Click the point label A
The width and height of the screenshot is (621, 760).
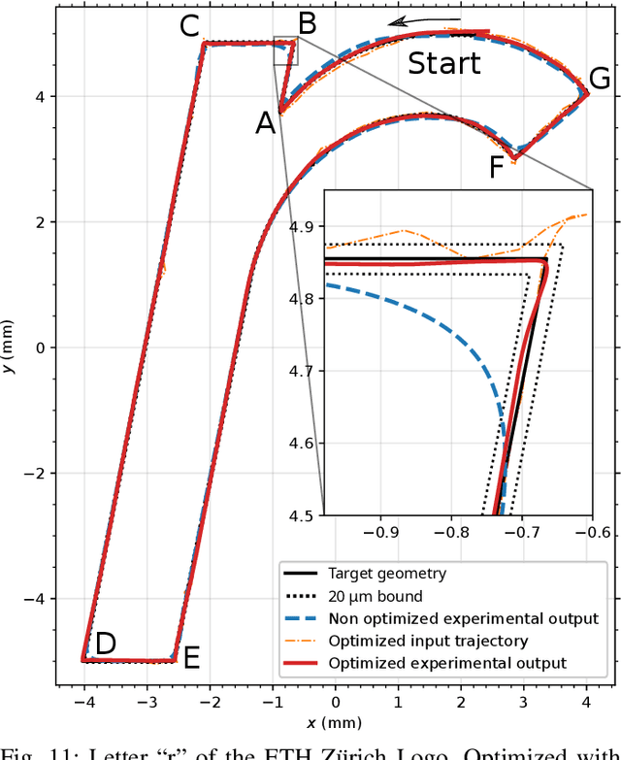tap(265, 122)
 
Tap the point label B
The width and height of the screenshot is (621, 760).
tap(307, 23)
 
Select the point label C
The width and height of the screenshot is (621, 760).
tap(191, 26)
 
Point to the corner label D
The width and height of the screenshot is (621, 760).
tap(105, 643)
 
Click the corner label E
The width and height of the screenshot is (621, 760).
tap(191, 658)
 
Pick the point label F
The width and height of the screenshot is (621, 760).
tap(496, 169)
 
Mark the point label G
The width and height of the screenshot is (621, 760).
tap(600, 80)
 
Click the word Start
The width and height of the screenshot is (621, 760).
tap(443, 64)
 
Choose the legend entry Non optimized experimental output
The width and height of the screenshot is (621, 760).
tap(463, 618)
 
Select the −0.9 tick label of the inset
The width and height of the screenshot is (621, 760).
tap(386, 532)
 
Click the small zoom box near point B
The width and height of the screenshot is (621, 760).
tap(286, 50)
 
